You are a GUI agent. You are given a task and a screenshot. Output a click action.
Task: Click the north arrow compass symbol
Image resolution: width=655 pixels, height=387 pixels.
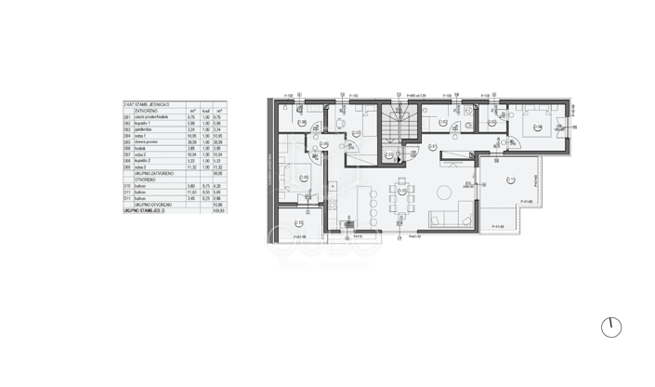[x=610, y=327]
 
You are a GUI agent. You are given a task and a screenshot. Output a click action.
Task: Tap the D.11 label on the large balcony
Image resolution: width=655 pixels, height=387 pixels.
[x=511, y=180]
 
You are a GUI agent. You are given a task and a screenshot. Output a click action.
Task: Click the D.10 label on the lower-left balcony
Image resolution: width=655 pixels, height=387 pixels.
[x=298, y=223]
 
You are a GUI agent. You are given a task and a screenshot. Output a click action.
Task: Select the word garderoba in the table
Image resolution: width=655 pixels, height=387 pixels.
[x=144, y=130]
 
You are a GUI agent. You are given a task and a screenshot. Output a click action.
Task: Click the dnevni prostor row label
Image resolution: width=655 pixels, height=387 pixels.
[x=147, y=142]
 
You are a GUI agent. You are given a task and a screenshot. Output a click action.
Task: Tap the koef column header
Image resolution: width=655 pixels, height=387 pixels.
[x=206, y=111]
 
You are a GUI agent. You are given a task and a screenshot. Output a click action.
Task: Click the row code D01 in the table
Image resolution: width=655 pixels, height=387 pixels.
[x=127, y=117]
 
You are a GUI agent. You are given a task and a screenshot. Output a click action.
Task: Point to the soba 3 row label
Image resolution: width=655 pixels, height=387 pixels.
[x=140, y=167]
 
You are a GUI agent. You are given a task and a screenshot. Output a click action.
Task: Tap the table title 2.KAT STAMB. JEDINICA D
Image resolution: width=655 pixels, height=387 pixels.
[x=147, y=105]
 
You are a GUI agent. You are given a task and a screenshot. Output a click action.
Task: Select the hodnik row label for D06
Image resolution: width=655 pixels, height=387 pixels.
[x=140, y=149]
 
